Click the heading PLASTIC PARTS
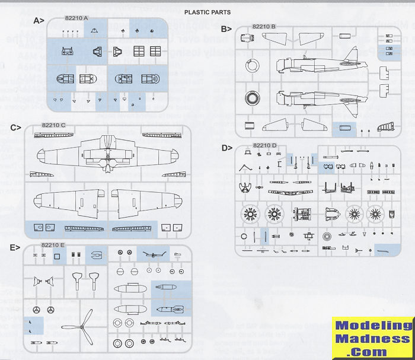(x=207, y=11)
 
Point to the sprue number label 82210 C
(x=54, y=125)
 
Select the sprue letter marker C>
(x=16, y=127)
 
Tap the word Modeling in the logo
(x=372, y=326)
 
